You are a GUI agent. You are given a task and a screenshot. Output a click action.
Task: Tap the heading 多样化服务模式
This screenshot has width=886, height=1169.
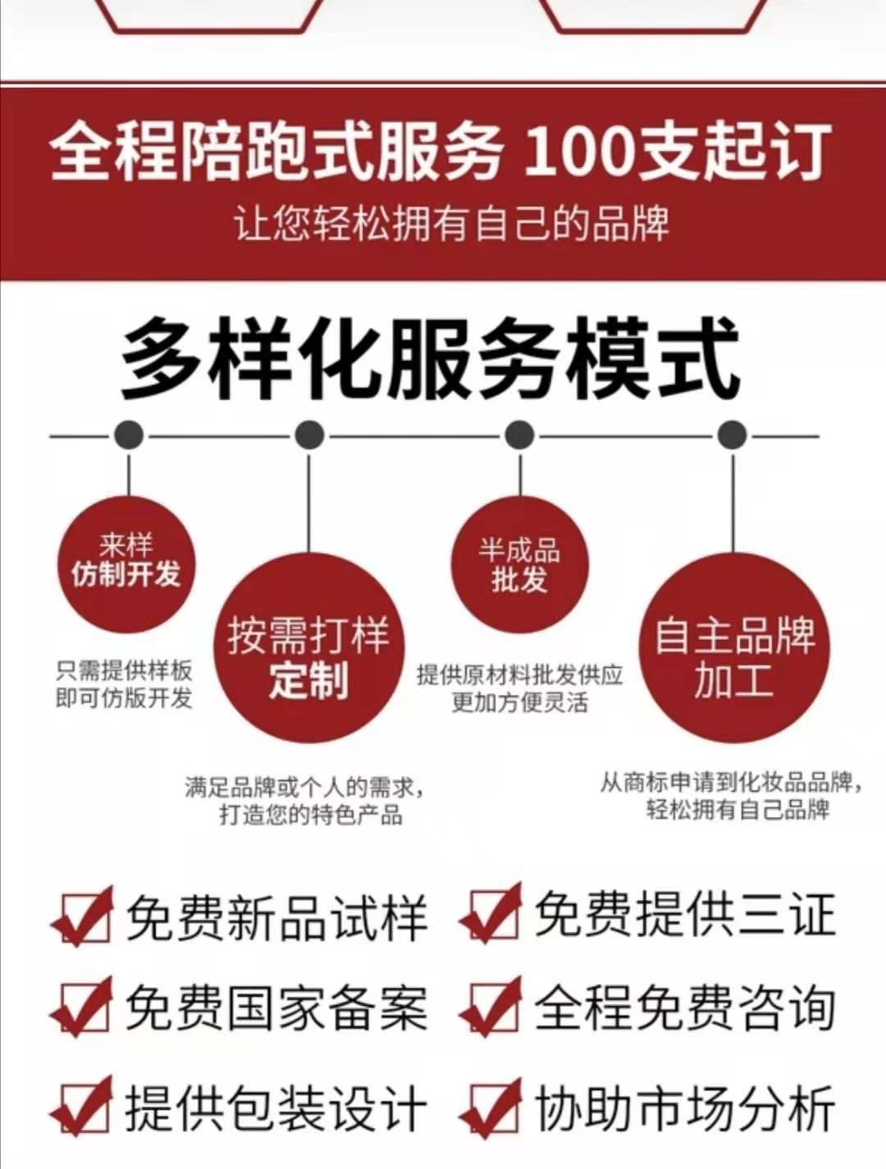(x=432, y=362)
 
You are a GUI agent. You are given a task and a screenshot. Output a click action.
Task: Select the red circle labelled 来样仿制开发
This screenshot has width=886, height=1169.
(x=127, y=564)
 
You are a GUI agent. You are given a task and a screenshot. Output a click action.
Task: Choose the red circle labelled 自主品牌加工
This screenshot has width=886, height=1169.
(x=734, y=648)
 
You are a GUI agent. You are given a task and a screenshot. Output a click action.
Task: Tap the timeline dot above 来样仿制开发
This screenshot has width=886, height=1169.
(x=128, y=435)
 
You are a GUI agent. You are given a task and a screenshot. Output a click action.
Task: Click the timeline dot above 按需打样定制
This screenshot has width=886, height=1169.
(x=309, y=435)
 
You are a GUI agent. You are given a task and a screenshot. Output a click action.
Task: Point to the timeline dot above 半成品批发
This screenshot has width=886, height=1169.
(x=519, y=435)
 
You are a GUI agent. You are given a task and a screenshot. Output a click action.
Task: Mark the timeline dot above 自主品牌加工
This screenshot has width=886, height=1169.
(x=733, y=435)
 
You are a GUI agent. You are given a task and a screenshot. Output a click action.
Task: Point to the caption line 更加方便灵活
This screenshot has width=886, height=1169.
(x=520, y=703)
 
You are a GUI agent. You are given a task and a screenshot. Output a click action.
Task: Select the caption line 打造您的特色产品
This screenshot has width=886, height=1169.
(x=311, y=816)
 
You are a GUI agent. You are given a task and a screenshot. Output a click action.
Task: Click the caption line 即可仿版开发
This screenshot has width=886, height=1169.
(x=125, y=698)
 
